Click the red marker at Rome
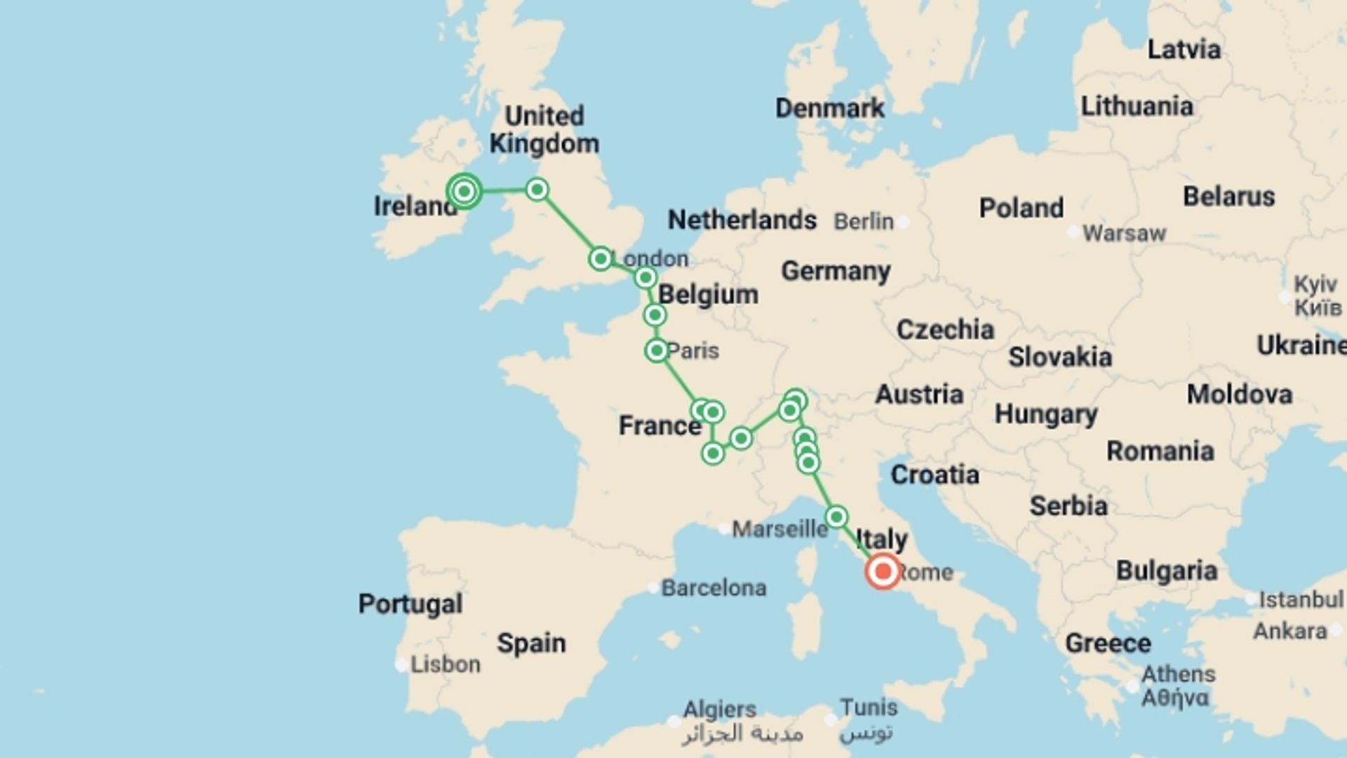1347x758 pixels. [883, 571]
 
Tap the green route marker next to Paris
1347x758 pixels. [657, 350]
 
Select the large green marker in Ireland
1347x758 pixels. [464, 191]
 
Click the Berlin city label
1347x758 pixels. [864, 222]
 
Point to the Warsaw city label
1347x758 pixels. [1124, 233]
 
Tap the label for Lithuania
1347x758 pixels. [1137, 107]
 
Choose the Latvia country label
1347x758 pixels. [1184, 50]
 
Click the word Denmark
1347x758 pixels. [830, 108]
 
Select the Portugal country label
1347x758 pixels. [410, 604]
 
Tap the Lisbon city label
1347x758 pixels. [445, 664]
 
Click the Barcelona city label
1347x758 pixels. [713, 587]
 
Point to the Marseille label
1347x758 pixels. [779, 528]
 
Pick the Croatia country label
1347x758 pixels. [934, 475]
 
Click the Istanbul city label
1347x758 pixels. [1300, 599]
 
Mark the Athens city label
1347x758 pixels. [1178, 674]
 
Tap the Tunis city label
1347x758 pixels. [869, 707]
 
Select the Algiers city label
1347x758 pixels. [720, 710]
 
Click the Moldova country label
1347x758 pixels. [1239, 394]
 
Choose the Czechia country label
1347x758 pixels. [945, 330]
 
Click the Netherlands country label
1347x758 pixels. [742, 220]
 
